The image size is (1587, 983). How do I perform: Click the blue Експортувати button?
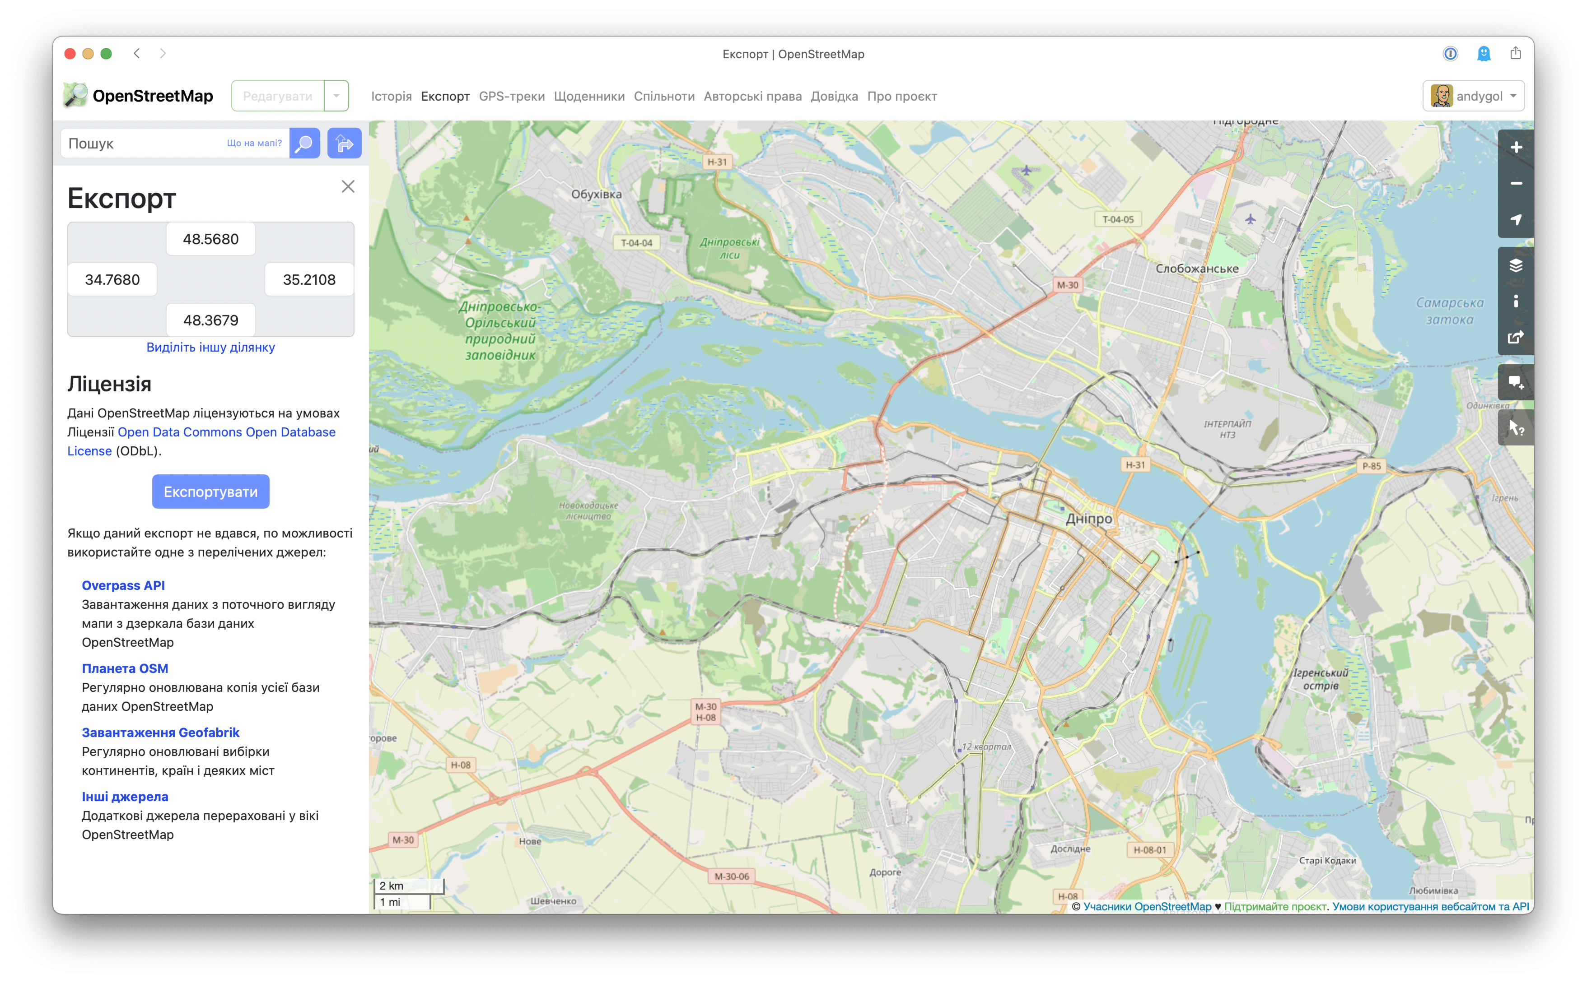pos(210,491)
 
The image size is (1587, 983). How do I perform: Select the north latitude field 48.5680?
pos(210,239)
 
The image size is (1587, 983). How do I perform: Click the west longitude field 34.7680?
pos(112,279)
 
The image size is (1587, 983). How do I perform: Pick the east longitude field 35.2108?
pos(309,279)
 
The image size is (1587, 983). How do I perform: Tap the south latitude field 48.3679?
pos(210,320)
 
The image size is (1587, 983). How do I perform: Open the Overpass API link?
pos(123,585)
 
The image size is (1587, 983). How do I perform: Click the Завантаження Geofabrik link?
pos(160,732)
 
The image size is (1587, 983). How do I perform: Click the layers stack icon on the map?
pos(1516,265)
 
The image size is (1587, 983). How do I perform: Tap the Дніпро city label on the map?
pos(1089,519)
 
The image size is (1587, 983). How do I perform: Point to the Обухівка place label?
pos(596,194)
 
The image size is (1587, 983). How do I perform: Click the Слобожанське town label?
pos(1197,269)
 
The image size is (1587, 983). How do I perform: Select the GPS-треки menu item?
pos(511,96)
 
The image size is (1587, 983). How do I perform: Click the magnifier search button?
pos(304,143)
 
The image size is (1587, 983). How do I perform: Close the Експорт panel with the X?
pos(348,186)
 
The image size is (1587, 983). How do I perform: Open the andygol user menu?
pos(1473,96)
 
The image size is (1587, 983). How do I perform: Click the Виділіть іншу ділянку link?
pos(210,347)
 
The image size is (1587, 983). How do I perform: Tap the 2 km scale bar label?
pos(391,886)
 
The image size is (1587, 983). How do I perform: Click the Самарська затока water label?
pos(1449,311)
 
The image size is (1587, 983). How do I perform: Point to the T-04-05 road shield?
pos(1117,219)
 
